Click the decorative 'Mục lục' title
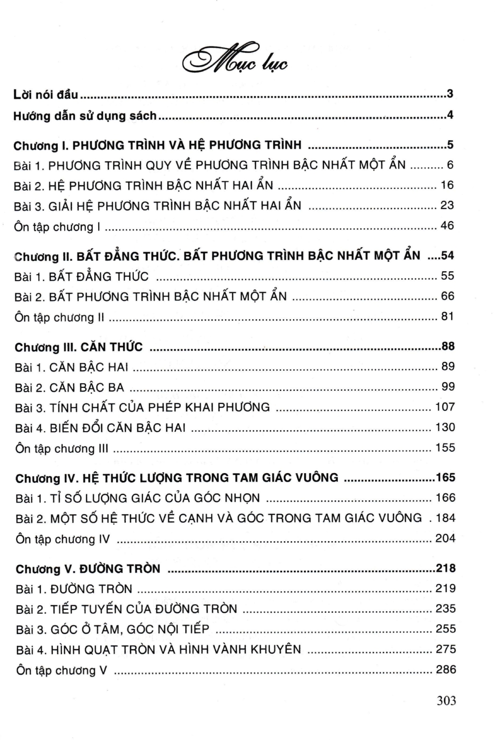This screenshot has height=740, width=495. (x=235, y=61)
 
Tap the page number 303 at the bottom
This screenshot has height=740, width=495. (x=446, y=701)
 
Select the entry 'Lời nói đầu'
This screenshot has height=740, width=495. (x=45, y=94)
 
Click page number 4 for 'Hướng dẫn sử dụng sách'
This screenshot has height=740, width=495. (x=450, y=115)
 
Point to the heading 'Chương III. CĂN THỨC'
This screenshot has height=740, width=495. (x=78, y=347)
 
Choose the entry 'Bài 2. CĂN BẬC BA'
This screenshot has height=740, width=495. (x=70, y=388)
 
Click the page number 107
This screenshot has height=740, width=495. (x=445, y=407)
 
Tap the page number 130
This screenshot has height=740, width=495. (x=445, y=427)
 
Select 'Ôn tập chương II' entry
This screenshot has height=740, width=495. (x=59, y=317)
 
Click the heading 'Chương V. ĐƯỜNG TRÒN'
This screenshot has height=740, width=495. (x=88, y=569)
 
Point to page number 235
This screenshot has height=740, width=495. (x=445, y=609)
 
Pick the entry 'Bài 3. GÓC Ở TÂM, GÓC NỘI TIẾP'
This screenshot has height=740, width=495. (x=113, y=629)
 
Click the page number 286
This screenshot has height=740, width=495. (x=445, y=669)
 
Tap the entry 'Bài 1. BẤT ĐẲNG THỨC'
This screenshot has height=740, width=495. (x=81, y=277)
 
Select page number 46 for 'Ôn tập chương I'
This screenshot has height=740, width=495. (x=447, y=226)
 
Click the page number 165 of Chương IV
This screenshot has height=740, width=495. (x=445, y=478)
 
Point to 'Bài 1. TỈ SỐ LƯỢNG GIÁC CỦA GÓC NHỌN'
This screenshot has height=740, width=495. (x=138, y=498)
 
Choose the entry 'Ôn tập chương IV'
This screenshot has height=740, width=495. (x=63, y=539)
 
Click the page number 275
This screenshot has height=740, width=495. (x=445, y=649)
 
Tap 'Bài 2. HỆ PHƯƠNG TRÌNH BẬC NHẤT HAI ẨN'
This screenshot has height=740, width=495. (x=144, y=185)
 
